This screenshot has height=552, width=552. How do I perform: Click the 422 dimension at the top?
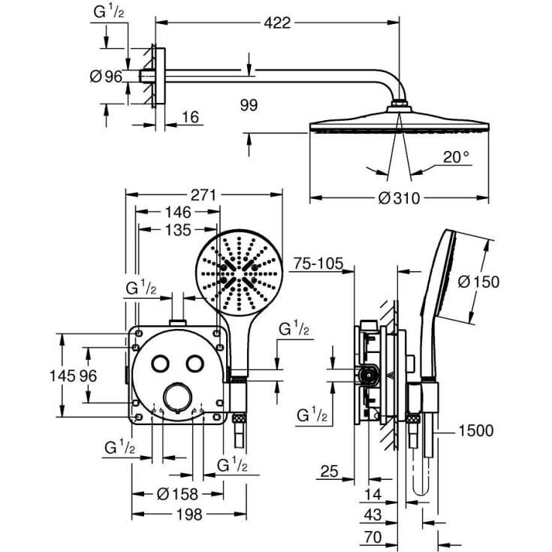tap(278, 23)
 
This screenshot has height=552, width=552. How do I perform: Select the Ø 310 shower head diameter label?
tap(399, 198)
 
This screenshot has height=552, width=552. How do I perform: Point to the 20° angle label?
tap(456, 156)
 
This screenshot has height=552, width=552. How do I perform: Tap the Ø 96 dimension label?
tap(105, 75)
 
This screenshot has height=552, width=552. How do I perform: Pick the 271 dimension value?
tap(203, 195)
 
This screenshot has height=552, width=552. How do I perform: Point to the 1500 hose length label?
tap(475, 430)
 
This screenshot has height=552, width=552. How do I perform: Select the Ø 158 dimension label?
tap(177, 493)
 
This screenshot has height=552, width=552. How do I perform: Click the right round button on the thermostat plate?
tap(196, 363)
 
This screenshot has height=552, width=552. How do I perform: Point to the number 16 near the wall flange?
tap(191, 118)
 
